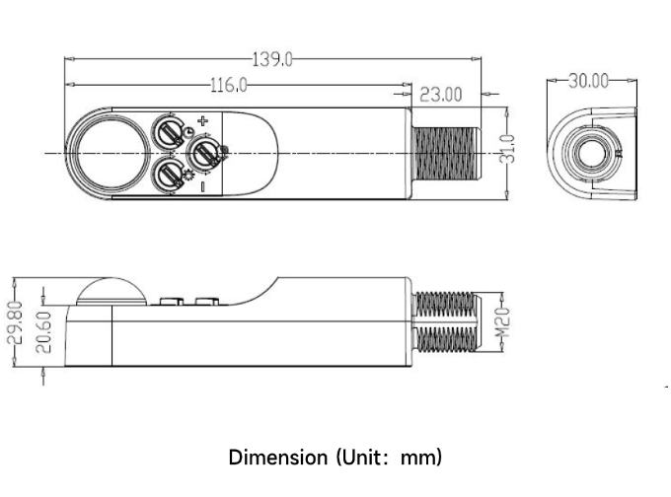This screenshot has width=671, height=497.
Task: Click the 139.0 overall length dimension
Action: [x=272, y=59]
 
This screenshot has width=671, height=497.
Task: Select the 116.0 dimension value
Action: [x=229, y=85]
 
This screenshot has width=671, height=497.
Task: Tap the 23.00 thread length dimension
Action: [x=441, y=94]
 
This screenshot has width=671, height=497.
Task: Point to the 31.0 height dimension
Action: [x=507, y=149]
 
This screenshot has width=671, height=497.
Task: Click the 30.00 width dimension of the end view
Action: [x=588, y=81]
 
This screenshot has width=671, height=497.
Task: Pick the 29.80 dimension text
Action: [x=16, y=322]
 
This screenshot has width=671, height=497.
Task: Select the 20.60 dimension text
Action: [x=43, y=332]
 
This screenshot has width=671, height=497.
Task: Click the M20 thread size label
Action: [x=505, y=322]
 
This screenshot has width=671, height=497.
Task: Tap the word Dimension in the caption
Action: [x=278, y=458]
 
